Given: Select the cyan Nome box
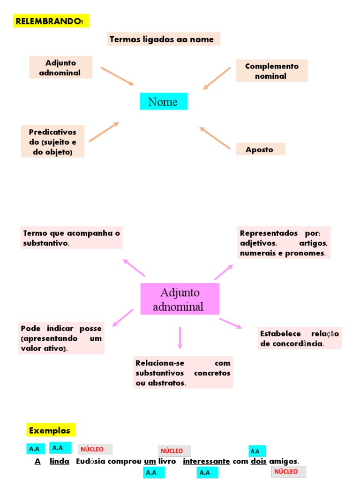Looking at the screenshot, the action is coord(163,102).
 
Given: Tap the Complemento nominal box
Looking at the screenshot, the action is coord(271,71).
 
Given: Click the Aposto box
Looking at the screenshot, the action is coord(260,150).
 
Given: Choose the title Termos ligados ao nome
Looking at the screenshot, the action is coord(162,39).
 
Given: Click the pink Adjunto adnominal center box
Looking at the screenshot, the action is coord(180,300).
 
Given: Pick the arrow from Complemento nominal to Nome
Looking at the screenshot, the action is coord(217,78).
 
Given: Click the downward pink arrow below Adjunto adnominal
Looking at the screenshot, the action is coord(180,337).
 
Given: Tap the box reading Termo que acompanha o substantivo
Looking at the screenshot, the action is coord(72,238).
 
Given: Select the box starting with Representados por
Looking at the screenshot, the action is coord(283,243).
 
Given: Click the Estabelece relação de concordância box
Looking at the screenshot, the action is coord(299,338).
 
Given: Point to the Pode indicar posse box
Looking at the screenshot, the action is coord(61,338).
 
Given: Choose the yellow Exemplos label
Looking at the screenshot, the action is coord(50,430).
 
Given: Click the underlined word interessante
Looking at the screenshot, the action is coord(206,461).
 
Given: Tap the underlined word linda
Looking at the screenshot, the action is coord(60,461).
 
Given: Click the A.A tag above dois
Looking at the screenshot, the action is coord(256,451).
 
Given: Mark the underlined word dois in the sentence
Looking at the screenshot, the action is coord(258,461).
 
